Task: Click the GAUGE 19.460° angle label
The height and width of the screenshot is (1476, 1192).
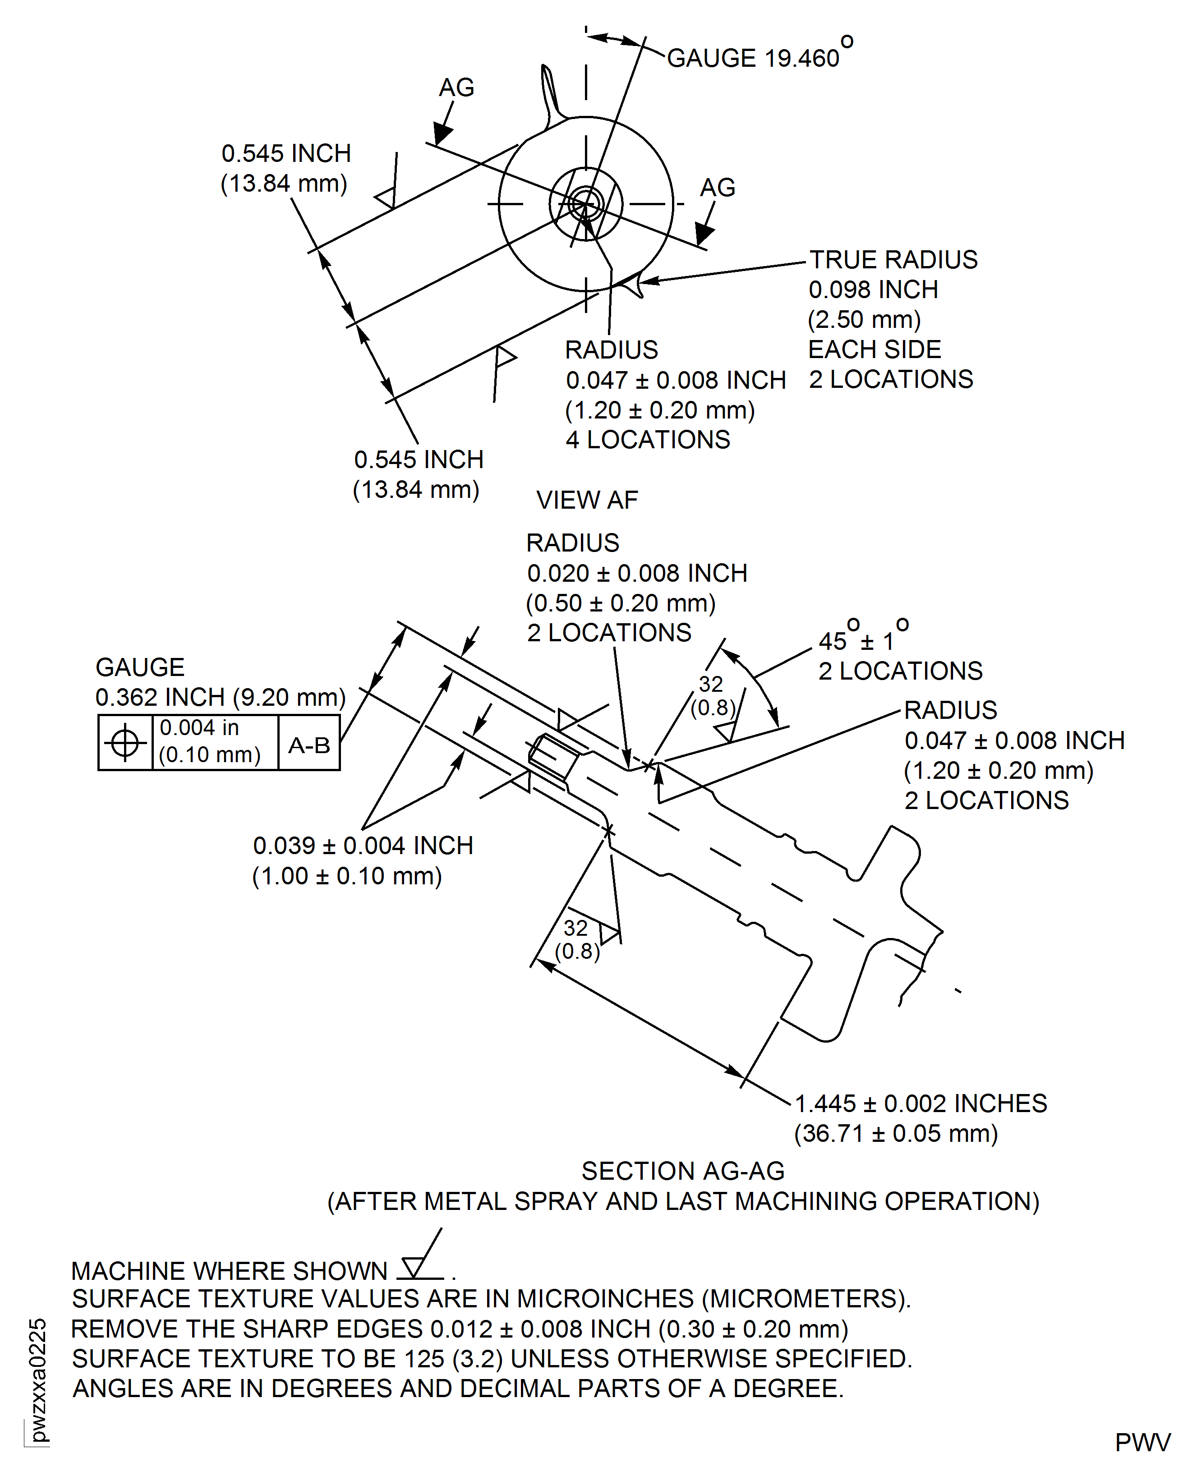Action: [759, 58]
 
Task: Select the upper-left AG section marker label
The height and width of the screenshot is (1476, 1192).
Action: [456, 88]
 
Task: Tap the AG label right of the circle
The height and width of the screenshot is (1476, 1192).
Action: [718, 188]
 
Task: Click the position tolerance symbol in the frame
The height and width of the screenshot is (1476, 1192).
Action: [125, 742]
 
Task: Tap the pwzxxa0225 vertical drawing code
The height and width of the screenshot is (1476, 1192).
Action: [38, 1380]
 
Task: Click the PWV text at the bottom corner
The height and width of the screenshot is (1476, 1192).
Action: [1142, 1442]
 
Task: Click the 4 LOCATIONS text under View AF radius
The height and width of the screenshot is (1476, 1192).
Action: [648, 439]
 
